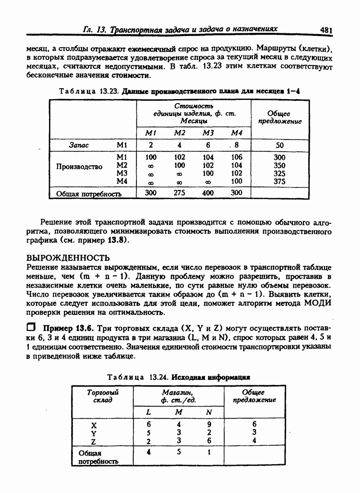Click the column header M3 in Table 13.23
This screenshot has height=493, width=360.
tap(208, 133)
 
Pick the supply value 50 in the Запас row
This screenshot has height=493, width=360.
tap(279, 145)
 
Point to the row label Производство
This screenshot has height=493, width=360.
tap(79, 167)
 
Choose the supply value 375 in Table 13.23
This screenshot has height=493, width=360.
tap(279, 181)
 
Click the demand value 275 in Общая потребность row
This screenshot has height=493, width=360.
tap(180, 193)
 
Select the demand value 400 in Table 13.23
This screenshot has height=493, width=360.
tap(208, 193)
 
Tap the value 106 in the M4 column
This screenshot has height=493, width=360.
tap(236, 157)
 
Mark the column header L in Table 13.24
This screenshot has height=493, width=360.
tap(149, 412)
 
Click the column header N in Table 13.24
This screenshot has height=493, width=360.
tap(209, 412)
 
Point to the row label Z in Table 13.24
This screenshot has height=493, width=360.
tap(94, 441)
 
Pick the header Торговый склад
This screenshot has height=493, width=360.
tap(102, 396)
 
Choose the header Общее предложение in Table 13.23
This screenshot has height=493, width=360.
tap(279, 118)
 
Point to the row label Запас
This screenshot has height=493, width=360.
tap(79, 145)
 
